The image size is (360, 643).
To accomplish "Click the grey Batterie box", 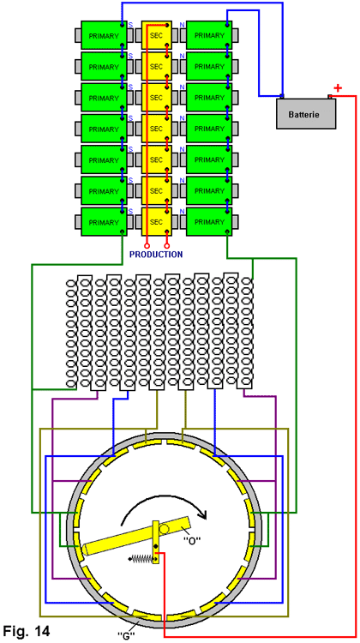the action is tap(306, 113).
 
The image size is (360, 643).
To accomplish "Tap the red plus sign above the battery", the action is tap(338, 88).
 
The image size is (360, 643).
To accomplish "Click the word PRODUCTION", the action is tap(156, 255).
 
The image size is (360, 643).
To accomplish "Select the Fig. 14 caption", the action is tap(27, 631).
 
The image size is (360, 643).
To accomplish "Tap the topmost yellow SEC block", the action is tap(157, 36).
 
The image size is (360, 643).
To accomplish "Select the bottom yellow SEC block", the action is tap(157, 222).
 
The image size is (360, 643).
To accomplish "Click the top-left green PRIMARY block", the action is tap(104, 36).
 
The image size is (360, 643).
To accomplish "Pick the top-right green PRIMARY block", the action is tap(209, 36).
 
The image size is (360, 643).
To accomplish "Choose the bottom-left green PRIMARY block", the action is tap(104, 222).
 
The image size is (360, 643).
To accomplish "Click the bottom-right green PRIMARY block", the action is tap(209, 222).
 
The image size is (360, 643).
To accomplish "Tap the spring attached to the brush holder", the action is tap(141, 558).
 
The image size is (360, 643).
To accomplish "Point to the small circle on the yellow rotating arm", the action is tap(164, 530).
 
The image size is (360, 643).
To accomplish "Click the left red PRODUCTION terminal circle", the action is tap(147, 246).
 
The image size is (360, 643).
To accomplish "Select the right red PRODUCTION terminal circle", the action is tap(167, 246).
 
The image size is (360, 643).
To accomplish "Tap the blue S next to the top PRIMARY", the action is tap(131, 25).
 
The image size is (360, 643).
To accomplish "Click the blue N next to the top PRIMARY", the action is tap(182, 25).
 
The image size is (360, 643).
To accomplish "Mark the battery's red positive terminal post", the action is tap(330, 97).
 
